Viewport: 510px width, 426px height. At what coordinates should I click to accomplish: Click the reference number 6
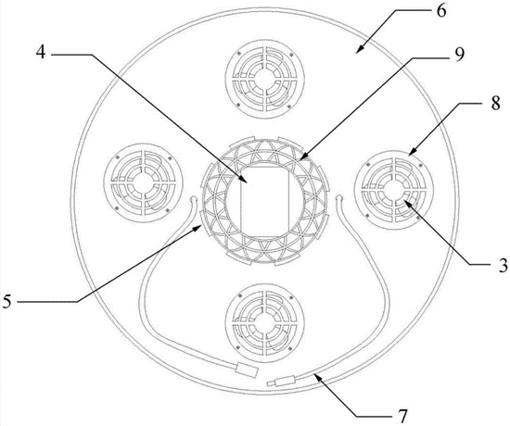(x=441, y=11)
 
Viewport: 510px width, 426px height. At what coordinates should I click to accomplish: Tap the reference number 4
(x=41, y=52)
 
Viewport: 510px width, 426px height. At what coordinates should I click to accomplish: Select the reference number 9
(x=459, y=55)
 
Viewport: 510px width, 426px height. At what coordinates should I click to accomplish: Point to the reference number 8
(x=495, y=104)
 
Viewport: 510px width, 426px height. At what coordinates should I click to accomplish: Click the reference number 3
(x=504, y=266)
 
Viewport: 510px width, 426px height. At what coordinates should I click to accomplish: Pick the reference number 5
(x=7, y=302)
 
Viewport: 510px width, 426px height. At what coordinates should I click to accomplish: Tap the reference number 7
(x=402, y=416)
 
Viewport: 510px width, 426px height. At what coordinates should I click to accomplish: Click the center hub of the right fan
(x=394, y=190)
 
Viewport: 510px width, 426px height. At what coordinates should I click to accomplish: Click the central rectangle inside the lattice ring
(x=265, y=202)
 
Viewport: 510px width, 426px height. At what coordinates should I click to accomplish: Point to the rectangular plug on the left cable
(x=248, y=370)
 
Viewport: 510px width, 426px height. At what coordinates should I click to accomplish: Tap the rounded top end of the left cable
(x=193, y=198)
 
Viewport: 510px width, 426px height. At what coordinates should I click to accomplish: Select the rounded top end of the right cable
(x=338, y=197)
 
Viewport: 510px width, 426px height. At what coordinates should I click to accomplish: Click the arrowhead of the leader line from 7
(x=317, y=377)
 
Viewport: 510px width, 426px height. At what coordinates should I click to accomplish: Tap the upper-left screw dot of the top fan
(x=238, y=53)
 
